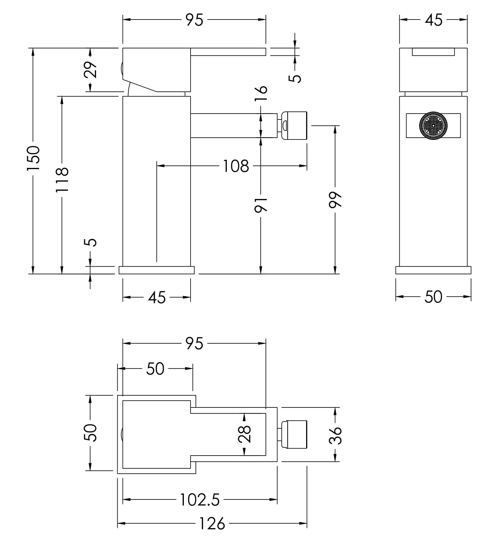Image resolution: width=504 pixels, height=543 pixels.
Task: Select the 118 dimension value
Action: point(62,180)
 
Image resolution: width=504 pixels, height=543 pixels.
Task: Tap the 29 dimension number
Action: point(91,70)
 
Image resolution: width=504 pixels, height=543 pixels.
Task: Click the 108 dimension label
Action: point(236,166)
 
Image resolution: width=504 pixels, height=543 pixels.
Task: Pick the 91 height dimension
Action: point(261,204)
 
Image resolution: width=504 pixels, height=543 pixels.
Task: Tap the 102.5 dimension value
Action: point(200,500)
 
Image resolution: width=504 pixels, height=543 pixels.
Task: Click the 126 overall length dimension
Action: point(212,523)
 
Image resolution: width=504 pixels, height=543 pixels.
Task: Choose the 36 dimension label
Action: point(335,435)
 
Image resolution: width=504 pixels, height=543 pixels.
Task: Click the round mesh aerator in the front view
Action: point(433,126)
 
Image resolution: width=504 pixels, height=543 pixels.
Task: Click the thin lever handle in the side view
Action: point(228,52)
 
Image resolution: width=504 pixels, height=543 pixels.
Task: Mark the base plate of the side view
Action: point(157,270)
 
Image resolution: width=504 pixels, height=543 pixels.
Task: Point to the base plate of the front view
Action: point(433,270)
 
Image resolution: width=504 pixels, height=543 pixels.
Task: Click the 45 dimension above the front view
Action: point(434,20)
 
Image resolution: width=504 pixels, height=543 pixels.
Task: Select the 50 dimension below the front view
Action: point(433,297)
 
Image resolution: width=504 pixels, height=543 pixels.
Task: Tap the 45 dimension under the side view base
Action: point(157,297)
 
